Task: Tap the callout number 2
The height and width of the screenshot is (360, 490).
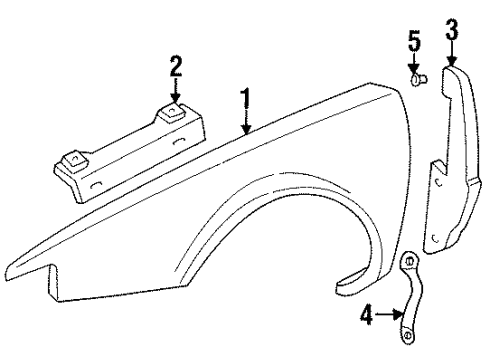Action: click(x=176, y=66)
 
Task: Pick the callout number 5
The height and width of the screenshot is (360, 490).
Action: click(x=413, y=43)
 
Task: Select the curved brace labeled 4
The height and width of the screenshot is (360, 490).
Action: click(x=414, y=305)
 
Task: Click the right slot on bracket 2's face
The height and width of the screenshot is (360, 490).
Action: click(x=181, y=143)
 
